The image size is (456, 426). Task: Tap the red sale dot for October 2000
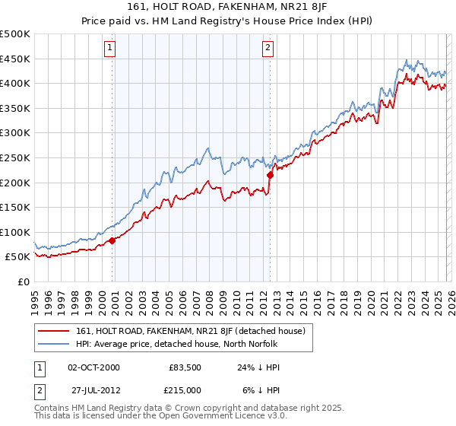112,240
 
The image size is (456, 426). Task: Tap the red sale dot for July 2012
270,175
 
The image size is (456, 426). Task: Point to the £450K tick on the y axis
15,59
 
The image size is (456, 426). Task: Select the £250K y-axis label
15,157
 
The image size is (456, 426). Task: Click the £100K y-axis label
15,232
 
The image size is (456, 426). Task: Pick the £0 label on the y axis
23,281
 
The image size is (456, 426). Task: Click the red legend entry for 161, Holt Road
190,331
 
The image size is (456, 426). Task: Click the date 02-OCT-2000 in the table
93,367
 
